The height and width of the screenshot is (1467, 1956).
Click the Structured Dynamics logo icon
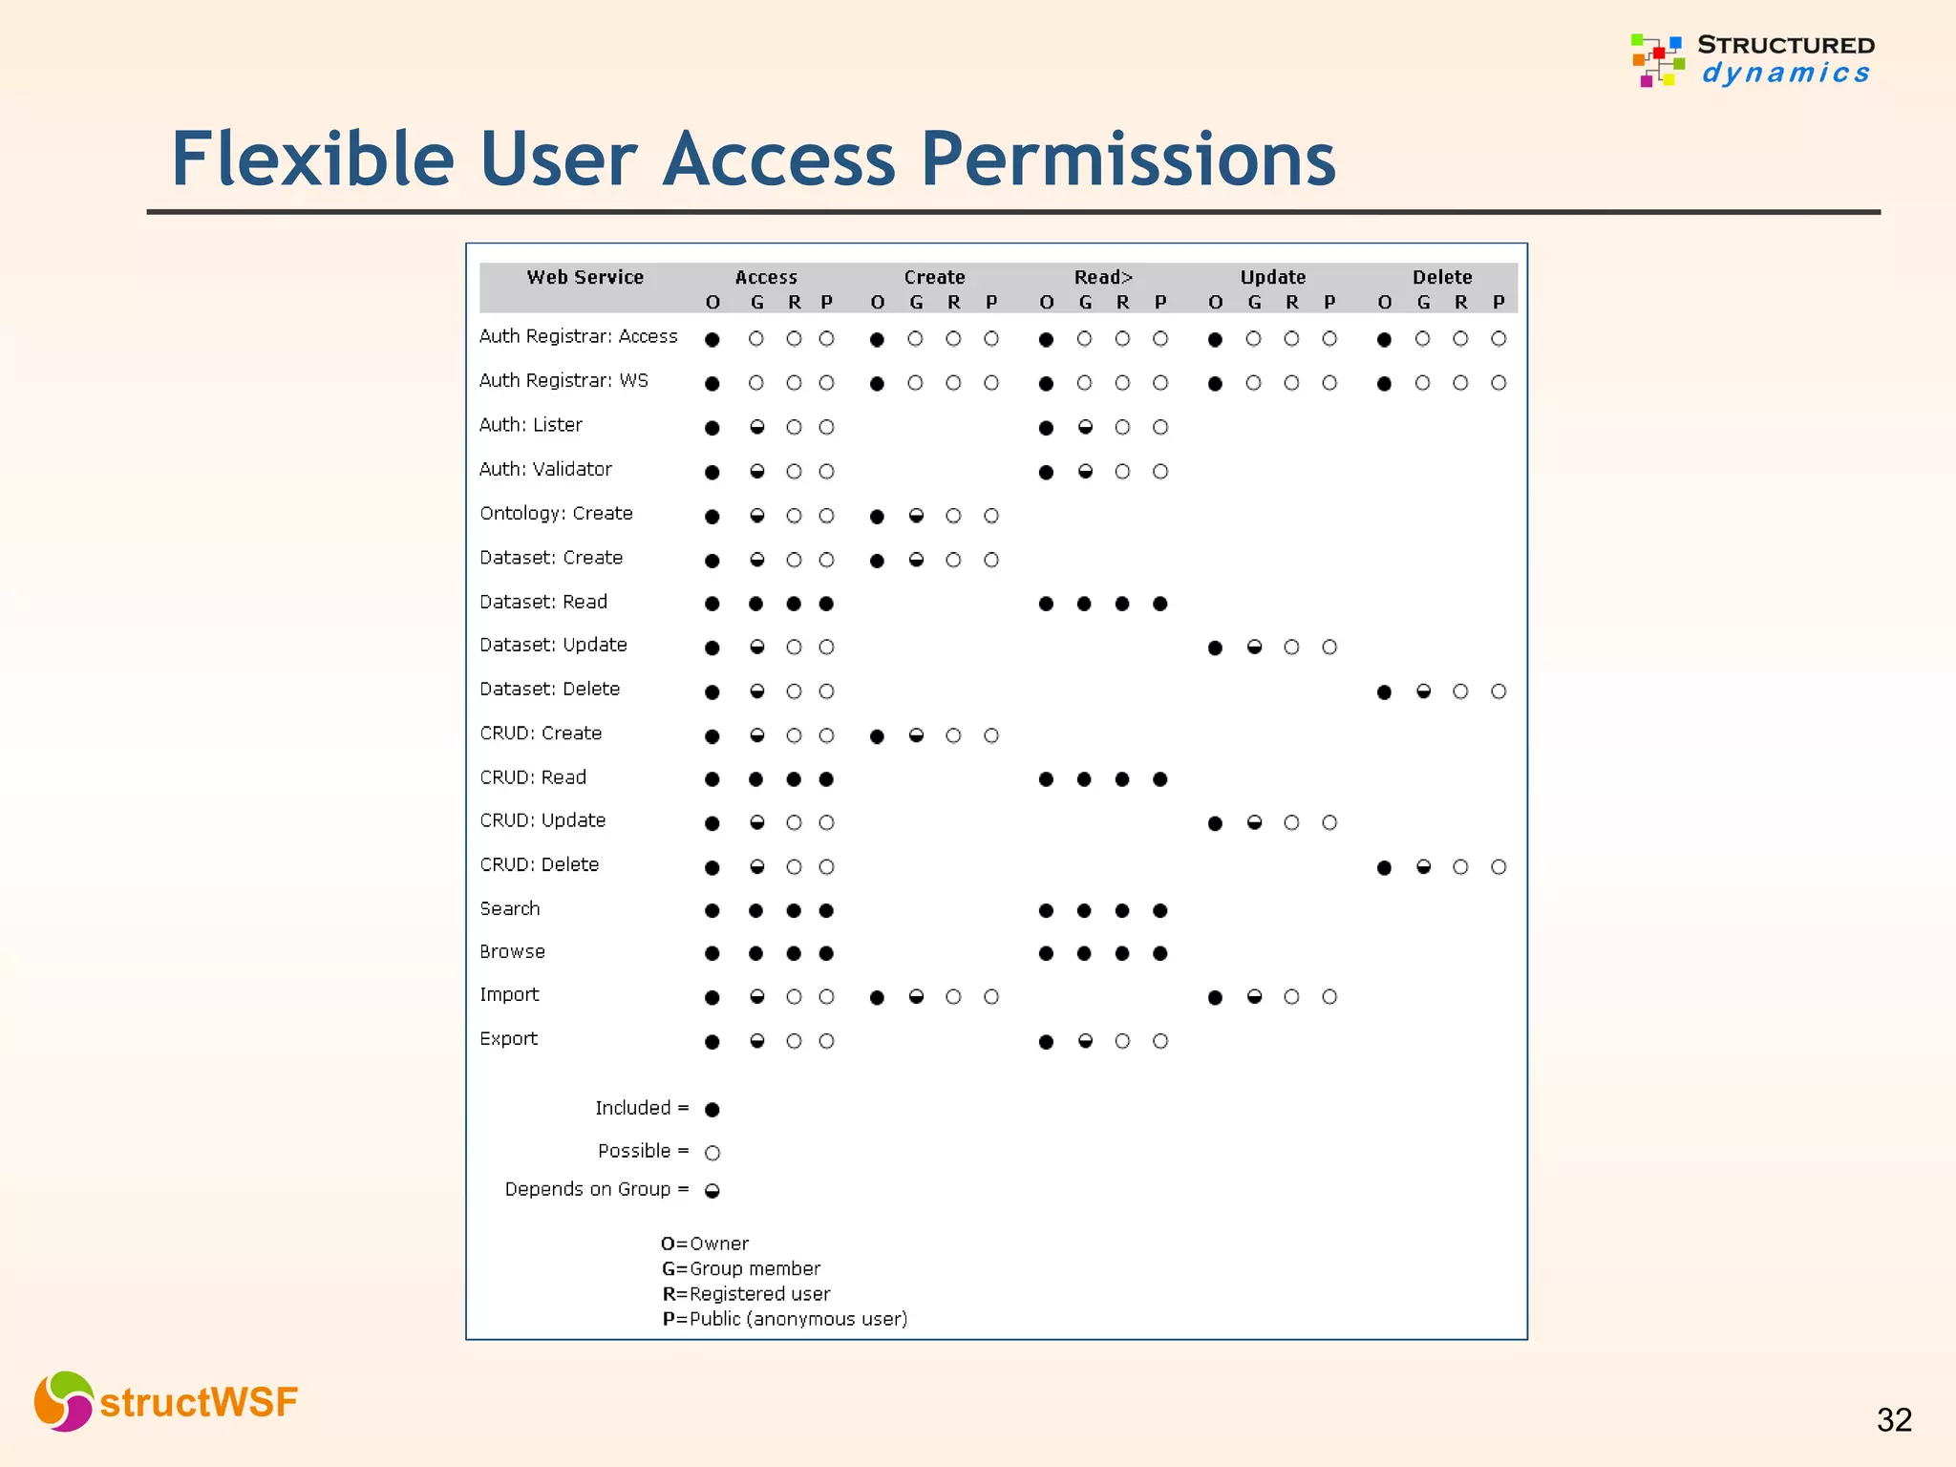[x=1657, y=60]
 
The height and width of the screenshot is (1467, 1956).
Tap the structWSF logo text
[x=199, y=1402]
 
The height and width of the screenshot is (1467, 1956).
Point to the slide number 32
[x=1894, y=1420]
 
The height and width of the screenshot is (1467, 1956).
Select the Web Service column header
[x=585, y=278]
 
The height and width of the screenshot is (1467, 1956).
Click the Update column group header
[x=1272, y=278]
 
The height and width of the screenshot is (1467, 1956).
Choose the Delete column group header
[x=1441, y=278]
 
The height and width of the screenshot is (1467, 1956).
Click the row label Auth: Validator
[x=545, y=469]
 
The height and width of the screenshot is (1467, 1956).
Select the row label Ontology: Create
[x=556, y=514]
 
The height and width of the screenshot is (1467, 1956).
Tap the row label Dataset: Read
[x=543, y=602]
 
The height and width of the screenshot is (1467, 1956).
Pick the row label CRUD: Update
[x=542, y=820]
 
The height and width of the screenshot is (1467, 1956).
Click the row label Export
[x=508, y=1038]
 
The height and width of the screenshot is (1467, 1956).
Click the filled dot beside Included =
[x=712, y=1109]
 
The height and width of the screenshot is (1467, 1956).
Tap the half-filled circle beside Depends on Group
[x=712, y=1190]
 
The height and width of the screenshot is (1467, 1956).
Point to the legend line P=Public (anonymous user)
[x=784, y=1319]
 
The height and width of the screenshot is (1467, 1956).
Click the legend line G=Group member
[x=741, y=1268]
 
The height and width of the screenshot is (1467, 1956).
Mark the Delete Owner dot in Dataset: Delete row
[x=1384, y=691]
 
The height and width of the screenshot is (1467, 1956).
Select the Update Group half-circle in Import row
[x=1254, y=997]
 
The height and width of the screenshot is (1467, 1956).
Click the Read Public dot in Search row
[x=1159, y=910]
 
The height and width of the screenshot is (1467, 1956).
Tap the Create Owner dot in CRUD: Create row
[x=877, y=736]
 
